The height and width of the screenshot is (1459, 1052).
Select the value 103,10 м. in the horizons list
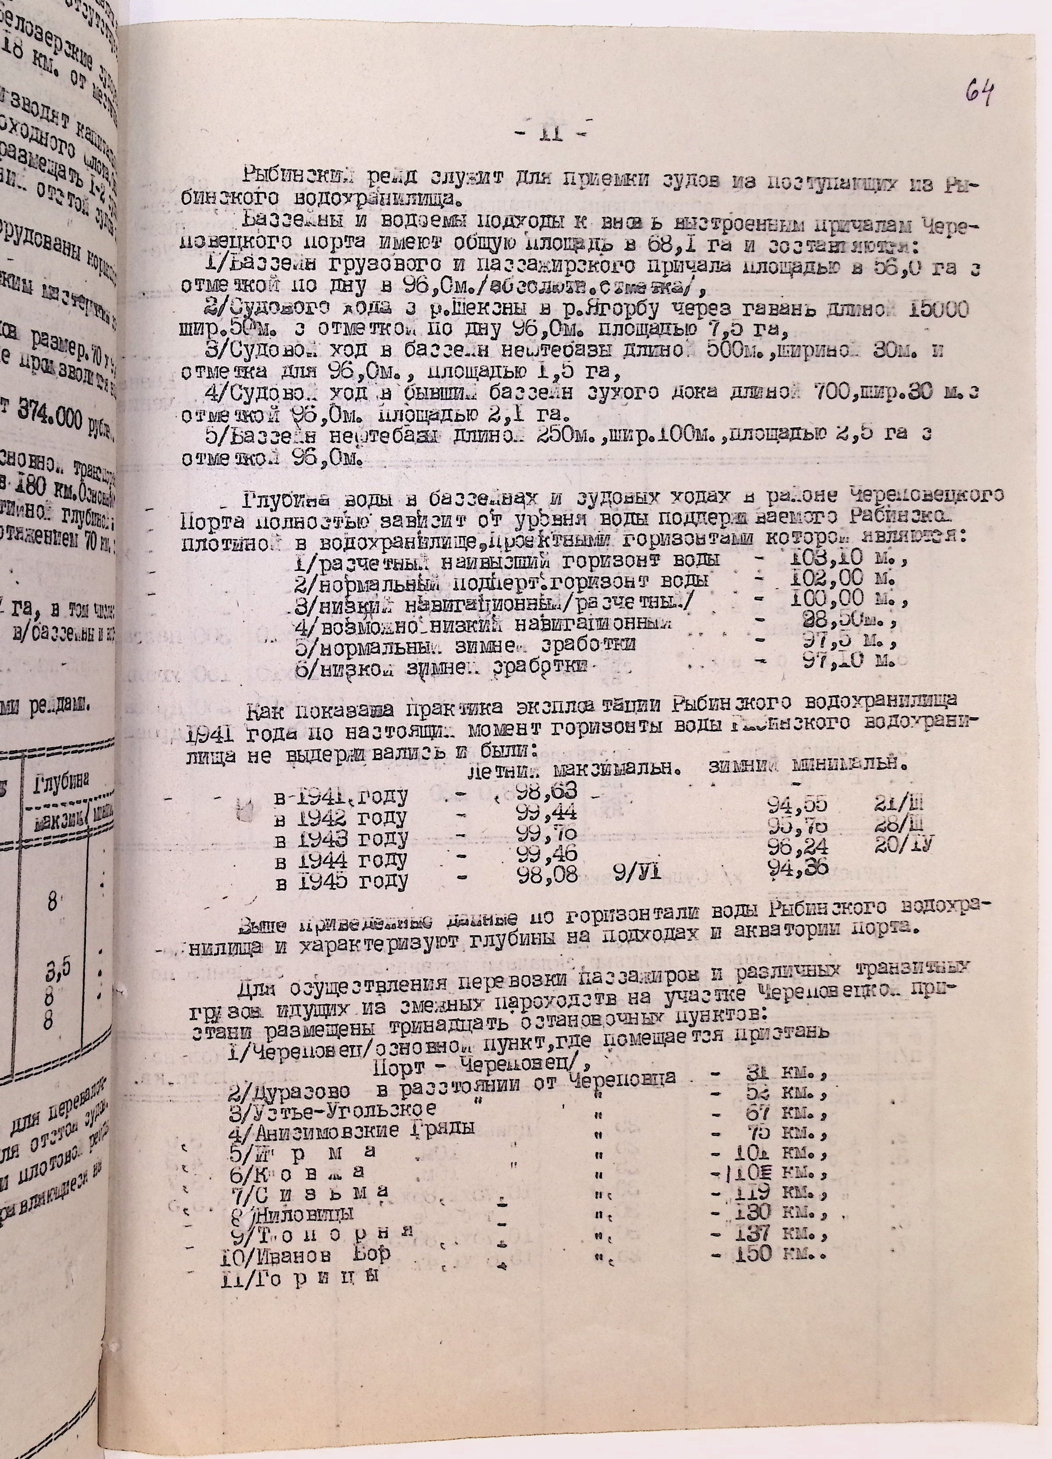click(848, 559)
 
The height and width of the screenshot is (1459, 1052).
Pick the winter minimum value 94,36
click(797, 868)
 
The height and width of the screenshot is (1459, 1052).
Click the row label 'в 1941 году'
click(341, 798)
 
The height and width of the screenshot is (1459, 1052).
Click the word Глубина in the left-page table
click(61, 784)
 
